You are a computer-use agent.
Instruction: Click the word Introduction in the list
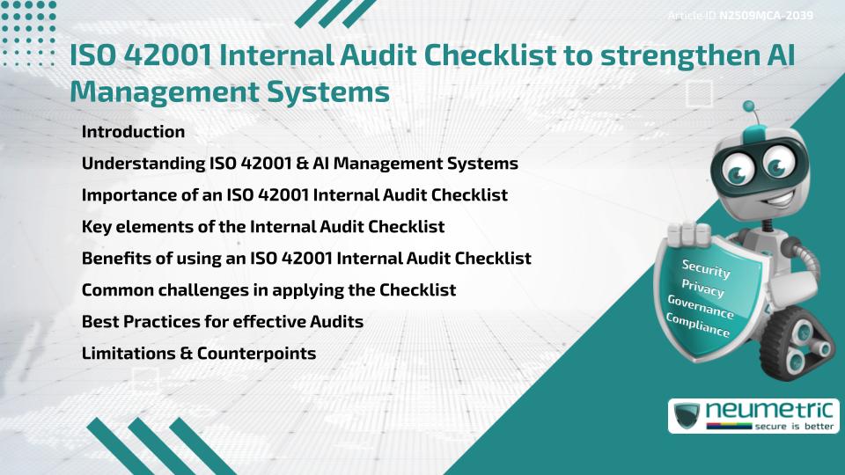133,132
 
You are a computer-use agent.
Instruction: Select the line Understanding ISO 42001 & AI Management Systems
299,164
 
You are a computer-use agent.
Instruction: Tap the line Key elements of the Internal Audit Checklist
262,227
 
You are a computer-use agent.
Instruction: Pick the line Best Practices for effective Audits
222,322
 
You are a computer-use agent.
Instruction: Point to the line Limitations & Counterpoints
198,354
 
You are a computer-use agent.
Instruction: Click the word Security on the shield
706,268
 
